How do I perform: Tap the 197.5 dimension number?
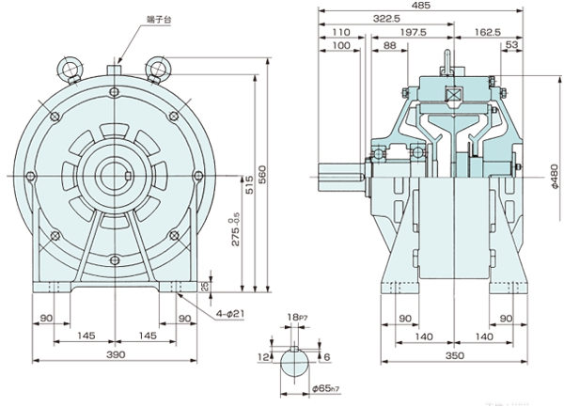[x=416, y=32]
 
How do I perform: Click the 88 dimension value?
[x=389, y=46]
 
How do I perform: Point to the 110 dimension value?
[x=340, y=32]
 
